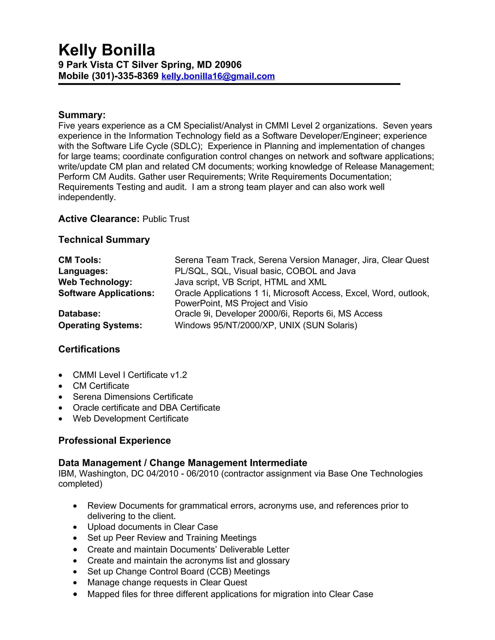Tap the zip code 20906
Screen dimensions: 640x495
tap(228, 65)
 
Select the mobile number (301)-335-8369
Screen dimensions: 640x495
tap(125, 76)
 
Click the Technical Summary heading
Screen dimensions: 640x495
tap(104, 240)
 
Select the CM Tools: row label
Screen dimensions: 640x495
tap(80, 260)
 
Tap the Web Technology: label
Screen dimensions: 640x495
tap(95, 282)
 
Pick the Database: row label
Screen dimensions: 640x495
tap(79, 314)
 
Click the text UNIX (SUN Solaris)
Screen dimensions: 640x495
tap(318, 326)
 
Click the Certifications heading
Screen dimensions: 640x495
tap(89, 349)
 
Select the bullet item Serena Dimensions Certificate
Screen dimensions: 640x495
tap(133, 397)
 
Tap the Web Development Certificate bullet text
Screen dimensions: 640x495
tap(131, 419)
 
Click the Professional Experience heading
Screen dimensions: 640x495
tap(114, 441)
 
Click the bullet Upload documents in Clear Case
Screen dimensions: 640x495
tap(153, 527)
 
